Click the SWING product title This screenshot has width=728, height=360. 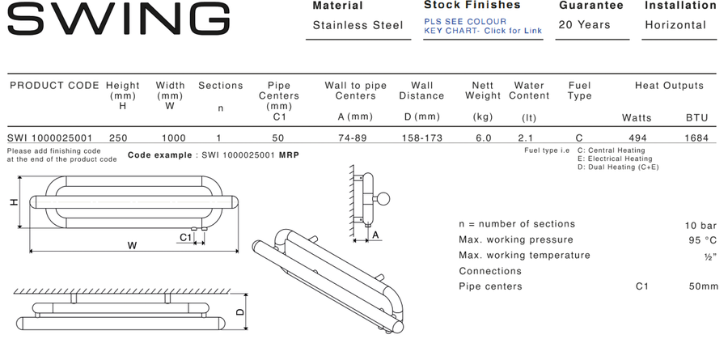119,19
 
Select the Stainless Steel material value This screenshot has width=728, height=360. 358,25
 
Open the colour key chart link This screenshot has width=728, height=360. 483,26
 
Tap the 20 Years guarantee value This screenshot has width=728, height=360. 584,24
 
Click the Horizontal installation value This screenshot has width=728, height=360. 675,25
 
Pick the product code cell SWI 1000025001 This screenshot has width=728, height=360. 49,138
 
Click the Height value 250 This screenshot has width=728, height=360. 118,138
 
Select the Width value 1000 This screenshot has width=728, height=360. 174,138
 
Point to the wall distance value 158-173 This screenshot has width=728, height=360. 422,138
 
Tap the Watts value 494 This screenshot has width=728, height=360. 637,138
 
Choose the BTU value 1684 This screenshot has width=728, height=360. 696,138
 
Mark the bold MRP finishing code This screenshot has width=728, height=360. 289,155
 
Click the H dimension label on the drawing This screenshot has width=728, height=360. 15,202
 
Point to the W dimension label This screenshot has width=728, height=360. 133,246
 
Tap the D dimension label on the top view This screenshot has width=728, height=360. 240,312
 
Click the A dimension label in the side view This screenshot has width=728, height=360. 375,235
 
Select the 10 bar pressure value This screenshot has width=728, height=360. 700,226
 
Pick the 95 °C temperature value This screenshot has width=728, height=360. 703,240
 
